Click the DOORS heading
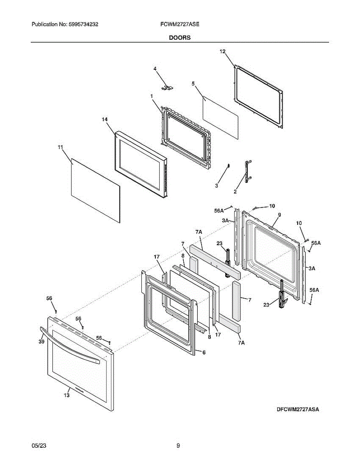point(179,38)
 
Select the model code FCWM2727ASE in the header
point(179,24)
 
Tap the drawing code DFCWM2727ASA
point(298,409)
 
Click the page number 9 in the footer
point(178,446)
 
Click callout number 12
point(223,51)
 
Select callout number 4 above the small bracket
point(155,69)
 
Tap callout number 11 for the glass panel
point(60,147)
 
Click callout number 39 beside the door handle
point(41,341)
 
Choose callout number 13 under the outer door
point(67,395)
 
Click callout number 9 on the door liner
point(279,215)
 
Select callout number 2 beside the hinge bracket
point(235,191)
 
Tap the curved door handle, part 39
point(70,346)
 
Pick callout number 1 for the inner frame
point(152,96)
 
